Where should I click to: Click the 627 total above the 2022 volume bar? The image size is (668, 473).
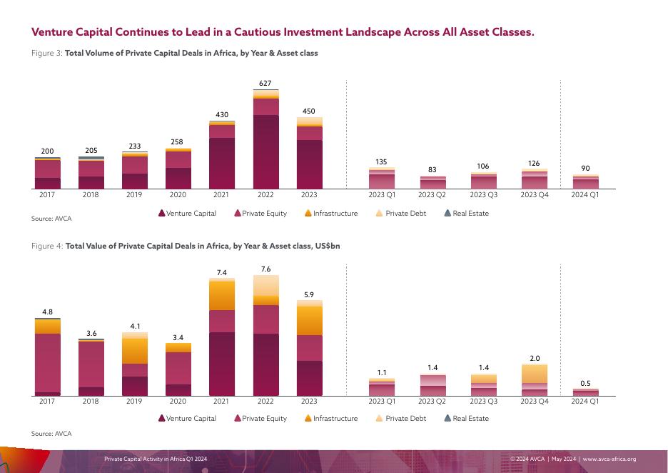[x=265, y=84]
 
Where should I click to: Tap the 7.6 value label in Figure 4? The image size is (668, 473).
[x=265, y=269]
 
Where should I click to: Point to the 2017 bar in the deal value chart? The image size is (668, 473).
[x=47, y=357]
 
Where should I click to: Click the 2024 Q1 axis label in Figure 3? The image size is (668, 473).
[x=585, y=195]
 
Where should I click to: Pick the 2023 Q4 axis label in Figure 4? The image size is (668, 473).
[x=534, y=402]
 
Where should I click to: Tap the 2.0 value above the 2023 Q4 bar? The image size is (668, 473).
[x=535, y=359]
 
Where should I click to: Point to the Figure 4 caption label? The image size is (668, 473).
[x=46, y=245]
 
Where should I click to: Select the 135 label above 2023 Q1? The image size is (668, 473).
[x=381, y=162]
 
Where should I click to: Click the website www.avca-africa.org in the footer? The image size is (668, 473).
[x=609, y=459]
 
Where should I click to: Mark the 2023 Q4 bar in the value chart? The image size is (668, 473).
[x=535, y=379]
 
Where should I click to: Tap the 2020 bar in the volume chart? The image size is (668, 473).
[x=178, y=169]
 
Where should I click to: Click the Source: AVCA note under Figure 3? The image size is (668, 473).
[x=51, y=219]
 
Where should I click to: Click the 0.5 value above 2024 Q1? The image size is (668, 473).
[x=585, y=384]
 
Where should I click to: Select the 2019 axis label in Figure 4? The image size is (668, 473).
[x=134, y=402]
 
